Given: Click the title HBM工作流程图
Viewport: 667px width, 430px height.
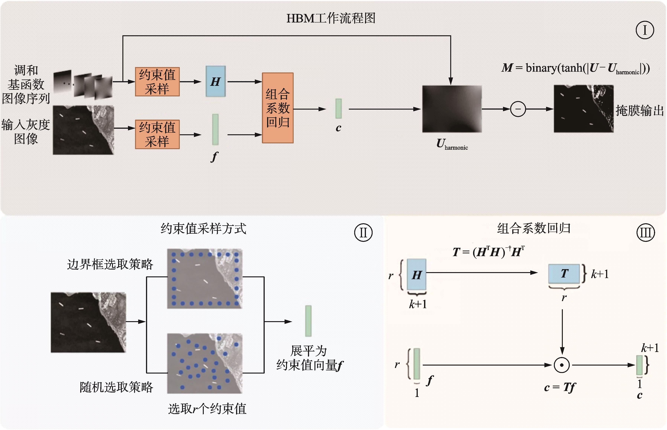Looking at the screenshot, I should pyautogui.click(x=331, y=18).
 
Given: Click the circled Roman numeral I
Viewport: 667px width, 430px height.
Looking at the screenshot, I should pyautogui.click(x=645, y=30).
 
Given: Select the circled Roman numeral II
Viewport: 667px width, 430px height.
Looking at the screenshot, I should pyautogui.click(x=363, y=233).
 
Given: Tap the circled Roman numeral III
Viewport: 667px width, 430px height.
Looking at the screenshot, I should pyautogui.click(x=645, y=233).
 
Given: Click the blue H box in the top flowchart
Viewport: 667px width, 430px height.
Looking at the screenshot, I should pyautogui.click(x=215, y=82).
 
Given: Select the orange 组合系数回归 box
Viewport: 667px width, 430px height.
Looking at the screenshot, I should pyautogui.click(x=277, y=108).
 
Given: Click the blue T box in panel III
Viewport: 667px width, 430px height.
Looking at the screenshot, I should pyautogui.click(x=564, y=273).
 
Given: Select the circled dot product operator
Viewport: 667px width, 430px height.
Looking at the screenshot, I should pyautogui.click(x=562, y=365).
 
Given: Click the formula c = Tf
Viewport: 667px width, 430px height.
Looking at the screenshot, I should pyautogui.click(x=560, y=387).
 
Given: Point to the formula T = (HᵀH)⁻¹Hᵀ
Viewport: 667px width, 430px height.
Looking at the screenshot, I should pyautogui.click(x=488, y=252).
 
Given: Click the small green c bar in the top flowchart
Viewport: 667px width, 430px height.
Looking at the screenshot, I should pyautogui.click(x=338, y=109).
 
